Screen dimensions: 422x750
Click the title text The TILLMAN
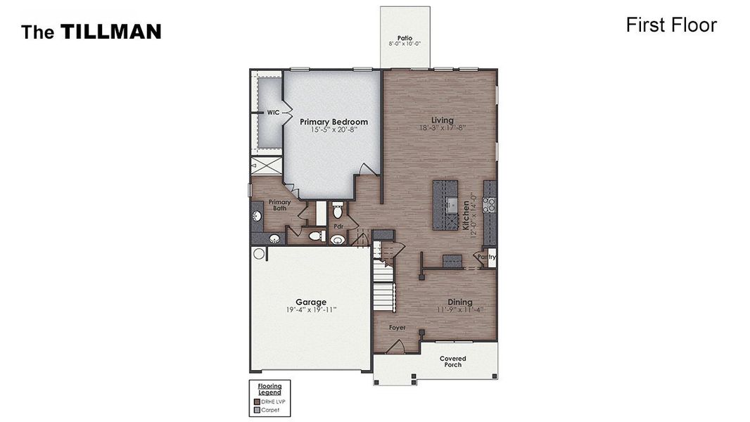click(x=91, y=32)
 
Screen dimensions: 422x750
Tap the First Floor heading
click(x=670, y=25)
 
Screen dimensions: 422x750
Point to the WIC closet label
click(x=273, y=113)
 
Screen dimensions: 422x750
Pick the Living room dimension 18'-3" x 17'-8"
click(x=443, y=128)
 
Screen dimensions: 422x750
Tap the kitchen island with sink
click(x=445, y=205)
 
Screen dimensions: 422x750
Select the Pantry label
click(x=486, y=257)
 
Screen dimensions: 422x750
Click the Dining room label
click(x=460, y=302)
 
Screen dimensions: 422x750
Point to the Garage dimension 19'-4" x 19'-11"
click(x=311, y=309)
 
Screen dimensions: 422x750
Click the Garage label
click(x=311, y=302)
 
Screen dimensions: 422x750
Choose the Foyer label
click(x=398, y=328)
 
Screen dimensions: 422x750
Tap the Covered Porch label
click(x=453, y=362)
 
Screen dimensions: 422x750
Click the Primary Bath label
click(x=279, y=205)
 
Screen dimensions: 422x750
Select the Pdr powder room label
click(x=338, y=226)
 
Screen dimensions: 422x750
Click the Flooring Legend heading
click(x=269, y=389)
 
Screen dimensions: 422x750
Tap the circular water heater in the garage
click(x=259, y=253)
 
